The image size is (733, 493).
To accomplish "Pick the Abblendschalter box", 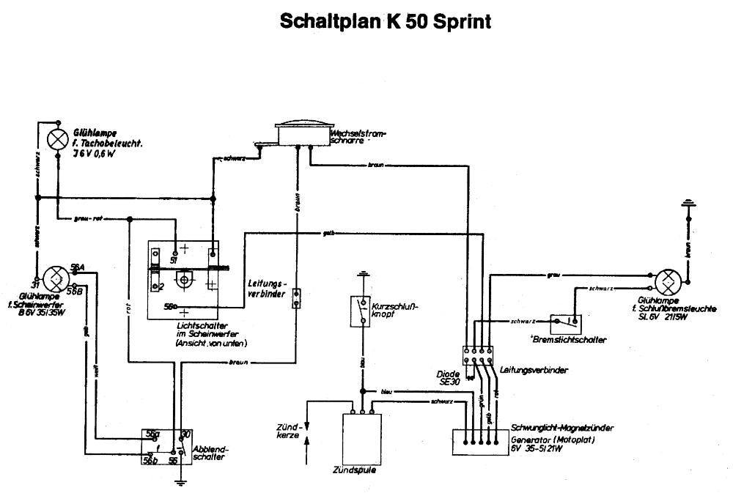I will pos(166,445).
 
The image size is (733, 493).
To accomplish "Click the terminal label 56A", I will pos(77,267).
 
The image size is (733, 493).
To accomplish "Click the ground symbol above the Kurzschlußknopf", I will pos(361,276).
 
